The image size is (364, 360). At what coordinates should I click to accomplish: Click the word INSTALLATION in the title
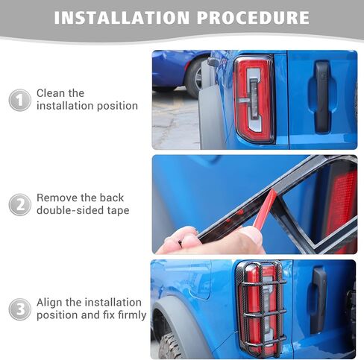click(x=122, y=18)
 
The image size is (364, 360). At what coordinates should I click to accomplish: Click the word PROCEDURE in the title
click(x=253, y=18)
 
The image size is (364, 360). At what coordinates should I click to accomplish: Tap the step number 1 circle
click(x=20, y=100)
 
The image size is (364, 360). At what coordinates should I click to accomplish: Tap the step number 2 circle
click(x=20, y=205)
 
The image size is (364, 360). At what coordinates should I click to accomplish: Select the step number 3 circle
click(x=20, y=309)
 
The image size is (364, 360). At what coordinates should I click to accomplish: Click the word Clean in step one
click(x=51, y=93)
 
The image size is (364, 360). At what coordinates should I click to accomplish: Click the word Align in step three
click(x=49, y=303)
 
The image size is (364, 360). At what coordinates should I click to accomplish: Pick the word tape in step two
click(x=119, y=211)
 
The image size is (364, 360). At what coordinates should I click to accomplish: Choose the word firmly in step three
click(x=132, y=315)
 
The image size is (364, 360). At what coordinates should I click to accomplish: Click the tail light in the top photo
click(x=254, y=99)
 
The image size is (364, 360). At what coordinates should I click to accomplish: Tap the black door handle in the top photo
click(x=322, y=97)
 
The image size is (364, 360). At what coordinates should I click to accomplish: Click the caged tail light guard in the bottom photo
click(x=261, y=308)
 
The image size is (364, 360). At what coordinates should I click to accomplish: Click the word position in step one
click(x=117, y=107)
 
